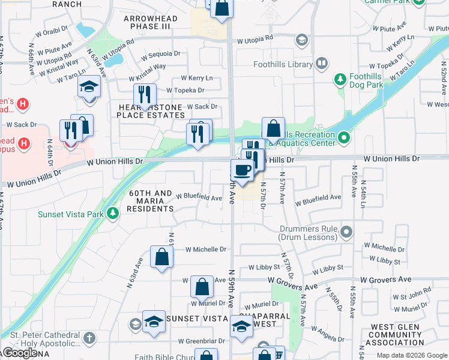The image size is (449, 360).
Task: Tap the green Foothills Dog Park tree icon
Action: [x=340, y=79]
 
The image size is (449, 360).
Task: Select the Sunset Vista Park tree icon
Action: [x=112, y=214]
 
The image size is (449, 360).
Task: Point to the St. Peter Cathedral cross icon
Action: [x=89, y=338]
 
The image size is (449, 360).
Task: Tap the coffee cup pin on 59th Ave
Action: [x=242, y=170]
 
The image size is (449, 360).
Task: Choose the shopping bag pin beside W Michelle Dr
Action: [x=162, y=257]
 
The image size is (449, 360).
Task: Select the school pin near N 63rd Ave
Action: [x=89, y=88]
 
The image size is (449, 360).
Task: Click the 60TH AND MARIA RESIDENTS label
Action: [x=150, y=201]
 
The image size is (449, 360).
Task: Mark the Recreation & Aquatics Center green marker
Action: [x=344, y=139]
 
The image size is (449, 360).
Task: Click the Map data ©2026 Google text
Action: [x=411, y=355]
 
